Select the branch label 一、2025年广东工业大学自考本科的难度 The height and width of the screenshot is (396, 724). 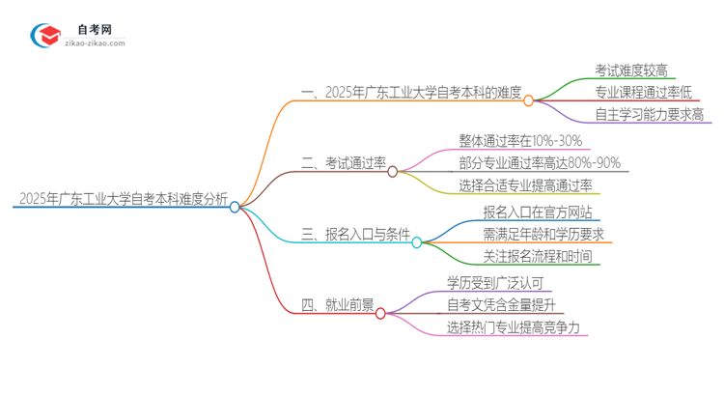(411, 94)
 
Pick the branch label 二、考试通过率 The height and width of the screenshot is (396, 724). (343, 164)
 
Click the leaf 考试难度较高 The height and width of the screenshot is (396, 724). (631, 71)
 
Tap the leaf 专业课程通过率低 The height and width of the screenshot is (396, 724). (643, 93)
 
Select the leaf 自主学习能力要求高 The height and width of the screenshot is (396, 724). (649, 115)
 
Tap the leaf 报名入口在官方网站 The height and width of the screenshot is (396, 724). (538, 212)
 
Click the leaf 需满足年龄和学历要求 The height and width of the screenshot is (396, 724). (543, 235)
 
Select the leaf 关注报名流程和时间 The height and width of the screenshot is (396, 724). (538, 258)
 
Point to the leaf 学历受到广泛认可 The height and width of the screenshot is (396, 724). (495, 282)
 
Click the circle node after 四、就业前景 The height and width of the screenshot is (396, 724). (380, 313)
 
